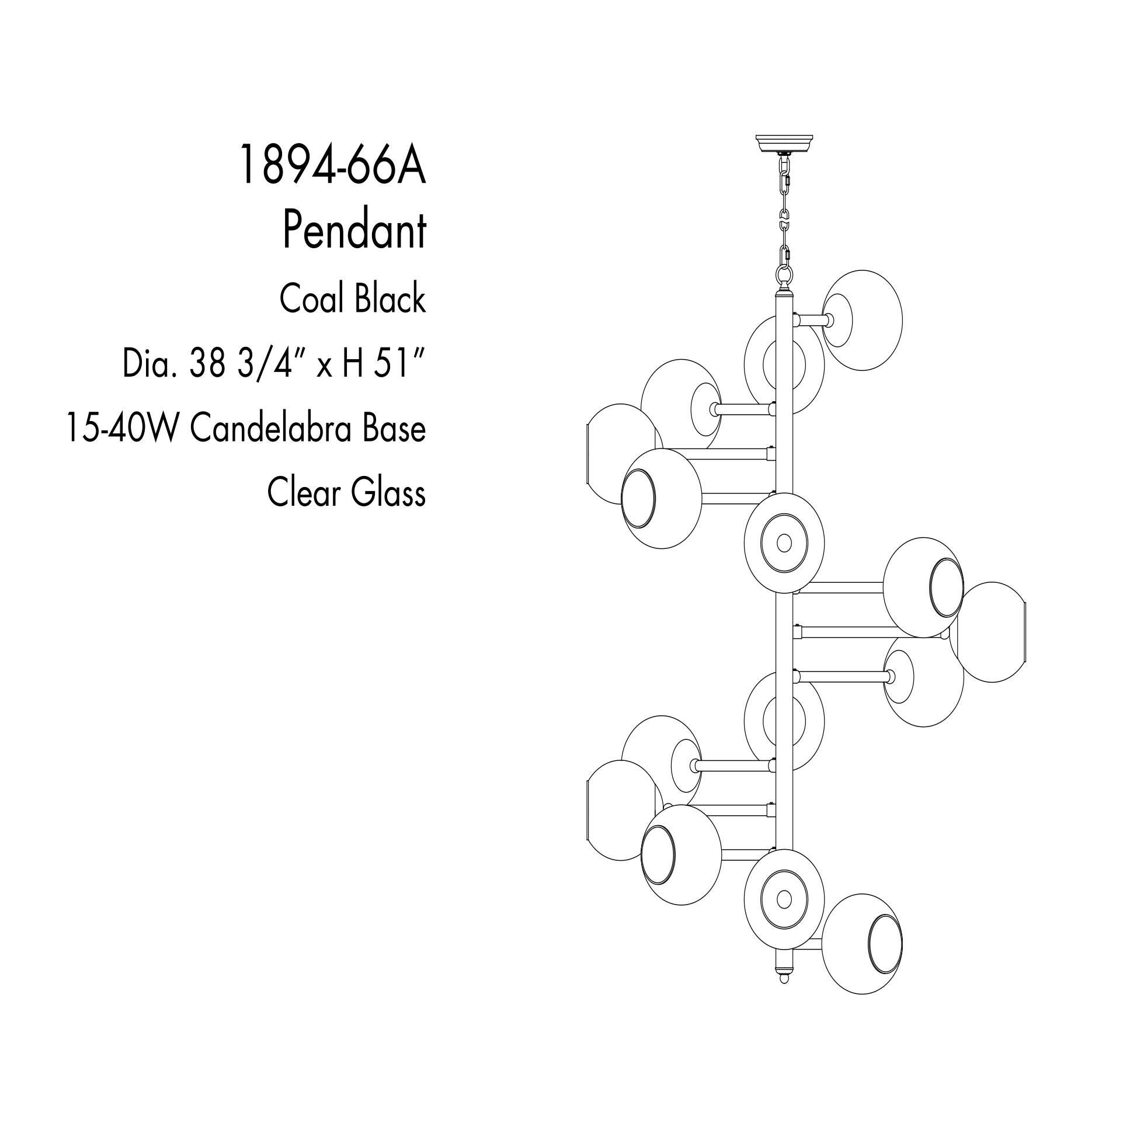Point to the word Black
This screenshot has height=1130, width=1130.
(x=390, y=298)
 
